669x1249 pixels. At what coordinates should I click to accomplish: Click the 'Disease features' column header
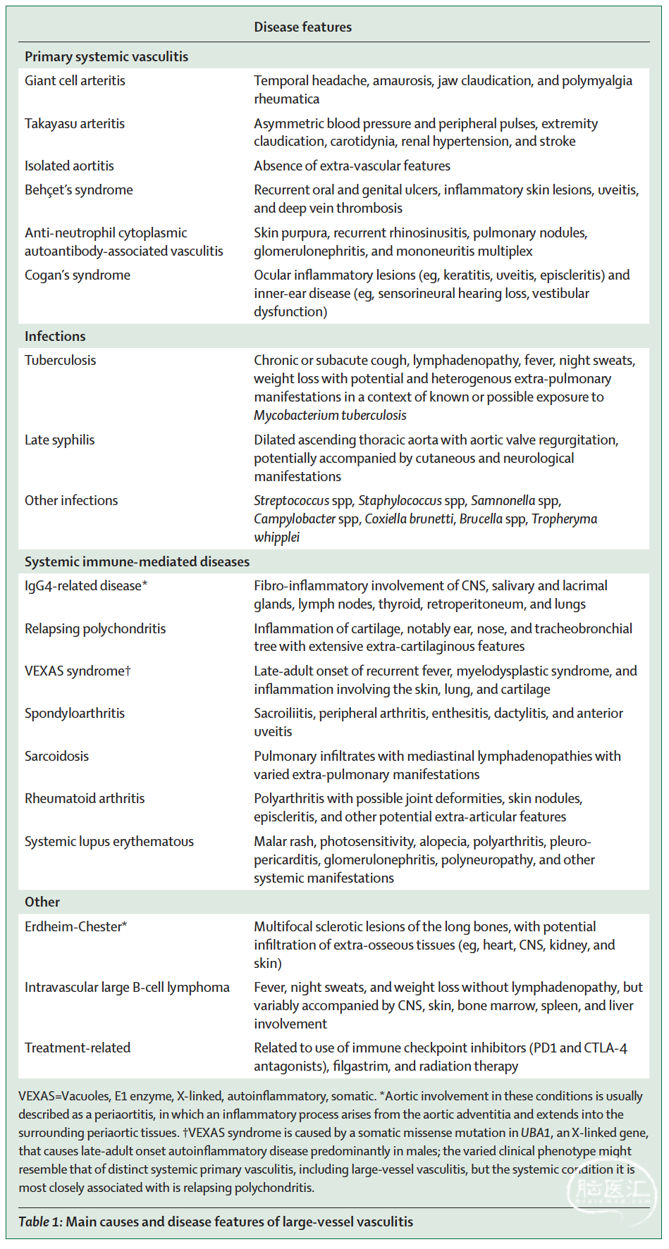coord(302,27)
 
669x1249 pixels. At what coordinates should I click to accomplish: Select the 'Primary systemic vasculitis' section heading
coord(106,57)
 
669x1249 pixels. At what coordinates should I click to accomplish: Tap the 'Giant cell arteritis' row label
coord(75,81)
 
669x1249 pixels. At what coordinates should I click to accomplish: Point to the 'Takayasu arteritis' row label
coord(75,124)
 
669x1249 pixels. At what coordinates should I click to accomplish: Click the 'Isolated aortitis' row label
coord(69,166)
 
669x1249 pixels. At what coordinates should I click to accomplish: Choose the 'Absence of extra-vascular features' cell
coord(352,166)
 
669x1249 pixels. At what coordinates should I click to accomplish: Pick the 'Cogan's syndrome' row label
coord(78,275)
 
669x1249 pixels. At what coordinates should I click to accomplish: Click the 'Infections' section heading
coord(55,337)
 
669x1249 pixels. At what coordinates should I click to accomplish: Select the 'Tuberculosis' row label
coord(60,361)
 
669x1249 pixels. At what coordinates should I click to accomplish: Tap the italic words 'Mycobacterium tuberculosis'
coord(330,416)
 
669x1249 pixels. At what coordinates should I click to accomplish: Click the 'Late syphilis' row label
coord(59,440)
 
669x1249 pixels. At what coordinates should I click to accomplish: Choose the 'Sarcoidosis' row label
coord(56,757)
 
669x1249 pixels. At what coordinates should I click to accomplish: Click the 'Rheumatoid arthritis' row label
coord(85,799)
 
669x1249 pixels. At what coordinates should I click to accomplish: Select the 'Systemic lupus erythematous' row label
coord(109,842)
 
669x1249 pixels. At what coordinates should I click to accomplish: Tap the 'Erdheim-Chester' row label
coord(75,927)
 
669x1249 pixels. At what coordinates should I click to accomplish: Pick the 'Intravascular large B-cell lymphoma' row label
coord(127,988)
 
